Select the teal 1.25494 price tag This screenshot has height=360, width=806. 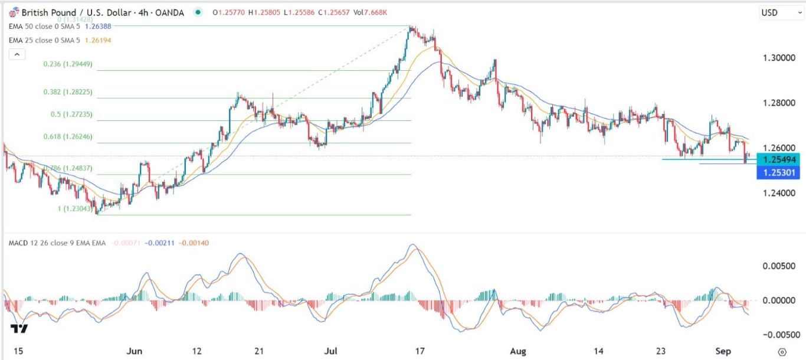pyautogui.click(x=779, y=160)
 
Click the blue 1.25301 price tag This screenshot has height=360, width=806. pyautogui.click(x=779, y=172)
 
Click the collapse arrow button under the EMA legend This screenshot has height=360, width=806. pyautogui.click(x=17, y=54)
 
